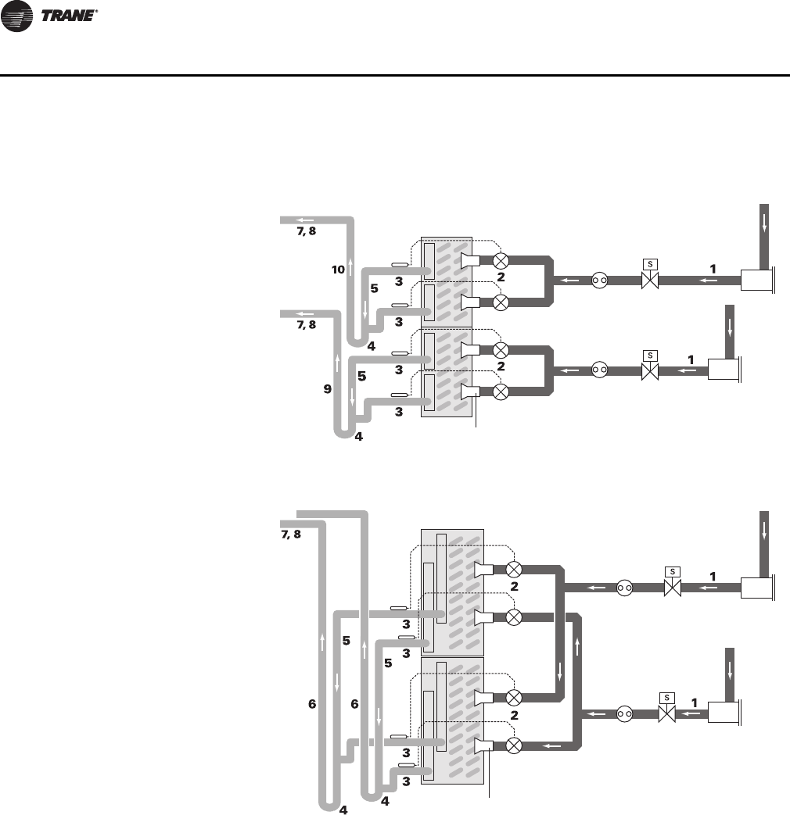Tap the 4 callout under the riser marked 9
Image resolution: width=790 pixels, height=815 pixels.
click(x=358, y=437)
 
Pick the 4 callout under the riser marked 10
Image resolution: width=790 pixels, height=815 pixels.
click(x=371, y=345)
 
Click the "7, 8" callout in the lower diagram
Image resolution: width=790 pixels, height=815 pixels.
click(x=291, y=534)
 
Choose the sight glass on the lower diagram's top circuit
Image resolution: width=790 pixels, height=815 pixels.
click(x=623, y=587)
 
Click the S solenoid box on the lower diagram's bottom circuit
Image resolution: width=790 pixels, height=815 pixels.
click(x=666, y=697)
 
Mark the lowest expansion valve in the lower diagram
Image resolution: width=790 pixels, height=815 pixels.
click(x=514, y=745)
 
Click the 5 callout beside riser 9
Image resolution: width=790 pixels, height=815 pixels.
click(x=361, y=376)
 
